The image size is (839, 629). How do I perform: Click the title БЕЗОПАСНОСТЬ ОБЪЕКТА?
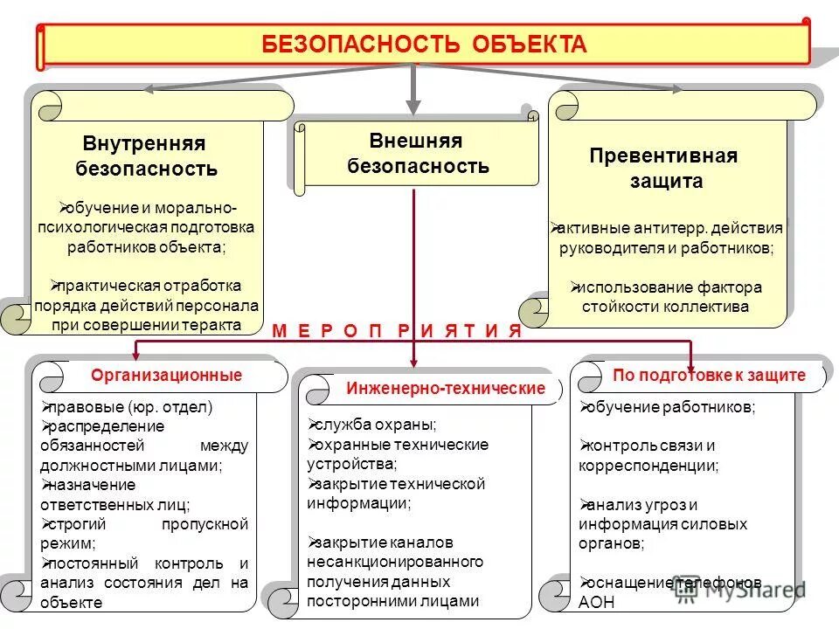coord(425,45)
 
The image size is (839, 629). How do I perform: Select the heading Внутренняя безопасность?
coord(146,156)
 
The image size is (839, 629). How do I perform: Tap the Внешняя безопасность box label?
coord(417,153)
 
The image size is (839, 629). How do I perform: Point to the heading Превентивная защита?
coord(663,169)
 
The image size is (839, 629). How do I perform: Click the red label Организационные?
coord(166,376)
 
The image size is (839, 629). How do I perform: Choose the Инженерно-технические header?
coord(445,388)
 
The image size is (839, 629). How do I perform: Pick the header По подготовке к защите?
coord(709,376)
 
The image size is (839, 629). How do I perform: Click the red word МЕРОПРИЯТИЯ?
coord(397,331)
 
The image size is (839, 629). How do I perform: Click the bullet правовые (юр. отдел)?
coord(132,407)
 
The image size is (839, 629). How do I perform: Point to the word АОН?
coord(597,603)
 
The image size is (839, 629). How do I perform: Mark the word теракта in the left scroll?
coord(211,324)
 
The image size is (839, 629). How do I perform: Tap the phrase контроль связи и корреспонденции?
coord(648,456)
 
